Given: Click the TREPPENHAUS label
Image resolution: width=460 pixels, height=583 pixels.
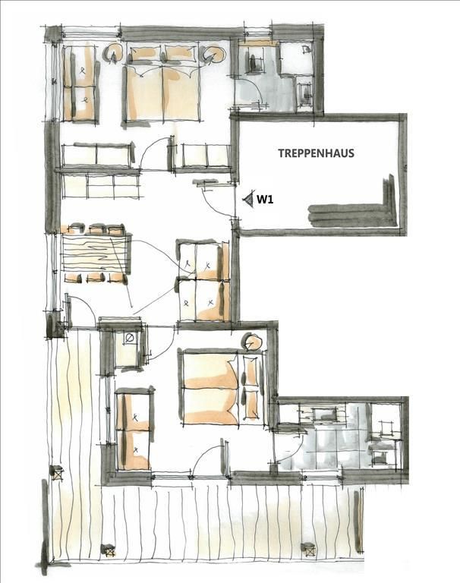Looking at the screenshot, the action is tap(316, 153).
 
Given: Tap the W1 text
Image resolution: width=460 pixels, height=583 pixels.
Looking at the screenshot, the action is tap(265, 200).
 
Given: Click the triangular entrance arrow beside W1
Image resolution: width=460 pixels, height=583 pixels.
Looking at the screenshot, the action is tap(248, 200).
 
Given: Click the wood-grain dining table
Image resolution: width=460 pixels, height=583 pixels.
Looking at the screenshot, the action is tap(95, 253).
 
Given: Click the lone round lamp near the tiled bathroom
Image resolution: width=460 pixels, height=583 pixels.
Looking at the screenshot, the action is tap(254, 342).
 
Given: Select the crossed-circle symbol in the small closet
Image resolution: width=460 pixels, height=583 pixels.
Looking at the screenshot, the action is tap(130, 338).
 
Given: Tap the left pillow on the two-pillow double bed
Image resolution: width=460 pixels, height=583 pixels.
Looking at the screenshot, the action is tap(144, 55).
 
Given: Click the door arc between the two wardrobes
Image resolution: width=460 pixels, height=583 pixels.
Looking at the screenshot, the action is tap(153, 150).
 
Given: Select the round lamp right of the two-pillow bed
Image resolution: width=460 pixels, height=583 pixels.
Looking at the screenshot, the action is tap(214, 55).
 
